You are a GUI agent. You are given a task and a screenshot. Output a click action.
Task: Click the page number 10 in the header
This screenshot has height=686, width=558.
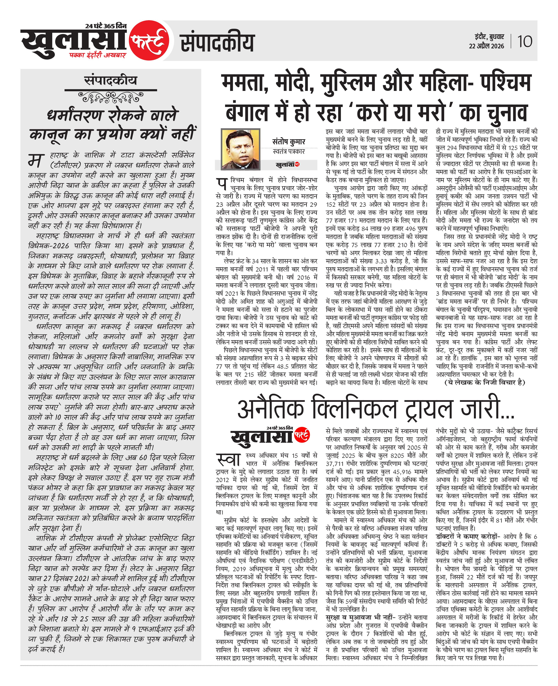tap(525, 41)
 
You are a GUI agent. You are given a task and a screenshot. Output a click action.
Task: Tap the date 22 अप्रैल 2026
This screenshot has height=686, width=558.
tap(486, 46)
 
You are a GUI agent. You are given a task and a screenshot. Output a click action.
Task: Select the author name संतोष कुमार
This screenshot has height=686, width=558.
tap(288, 142)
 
